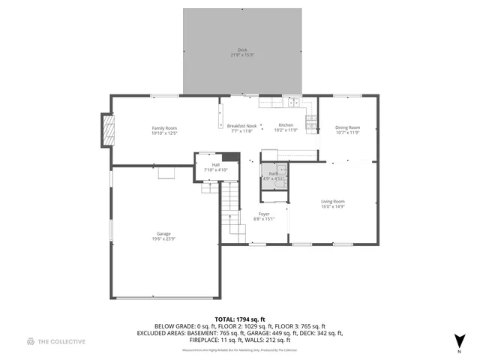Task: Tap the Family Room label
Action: [x=163, y=128]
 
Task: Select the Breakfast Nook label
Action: [x=241, y=125]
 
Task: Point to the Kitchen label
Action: [x=286, y=124]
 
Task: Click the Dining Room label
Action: [x=347, y=127]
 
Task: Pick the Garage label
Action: [x=163, y=233]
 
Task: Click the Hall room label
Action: [x=216, y=165]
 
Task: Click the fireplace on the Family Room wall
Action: [x=109, y=132]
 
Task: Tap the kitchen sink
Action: [x=296, y=103]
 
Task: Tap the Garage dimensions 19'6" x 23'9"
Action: [x=163, y=238]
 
